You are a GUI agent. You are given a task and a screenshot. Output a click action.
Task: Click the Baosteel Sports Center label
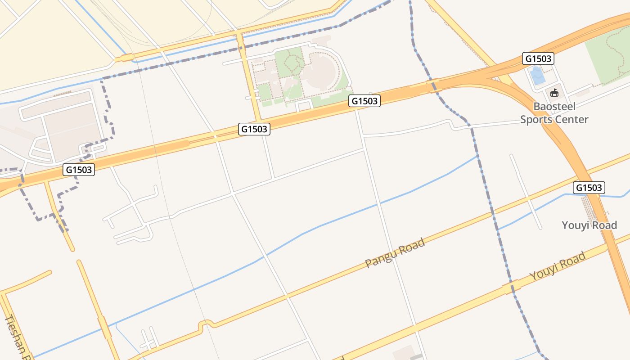[554, 113]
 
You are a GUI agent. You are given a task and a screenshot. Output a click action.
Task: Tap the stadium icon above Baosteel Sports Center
[554, 93]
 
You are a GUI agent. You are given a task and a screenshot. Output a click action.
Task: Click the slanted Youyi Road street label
[558, 266]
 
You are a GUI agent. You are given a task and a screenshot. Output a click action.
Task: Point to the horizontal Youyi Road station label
[589, 225]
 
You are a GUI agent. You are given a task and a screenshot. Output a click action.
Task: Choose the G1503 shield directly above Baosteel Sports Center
[538, 58]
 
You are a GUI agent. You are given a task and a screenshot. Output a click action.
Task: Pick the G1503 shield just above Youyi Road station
[589, 188]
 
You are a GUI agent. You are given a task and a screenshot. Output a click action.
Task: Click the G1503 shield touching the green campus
[364, 101]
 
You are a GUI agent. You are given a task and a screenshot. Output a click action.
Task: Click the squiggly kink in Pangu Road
[206, 324]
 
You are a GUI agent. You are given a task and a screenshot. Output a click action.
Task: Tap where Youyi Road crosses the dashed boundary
[511, 286]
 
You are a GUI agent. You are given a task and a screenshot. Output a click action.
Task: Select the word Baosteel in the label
[554, 107]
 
